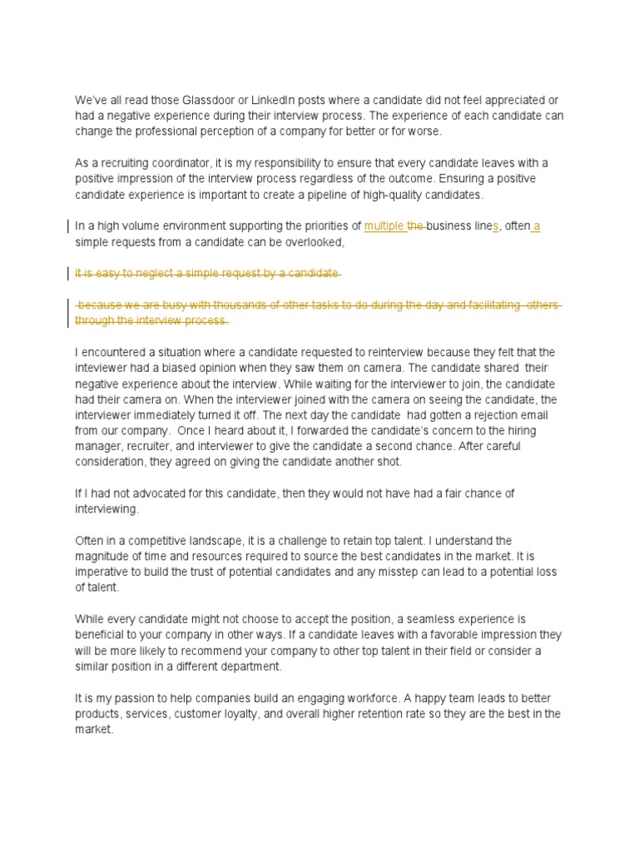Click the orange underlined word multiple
(x=384, y=226)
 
